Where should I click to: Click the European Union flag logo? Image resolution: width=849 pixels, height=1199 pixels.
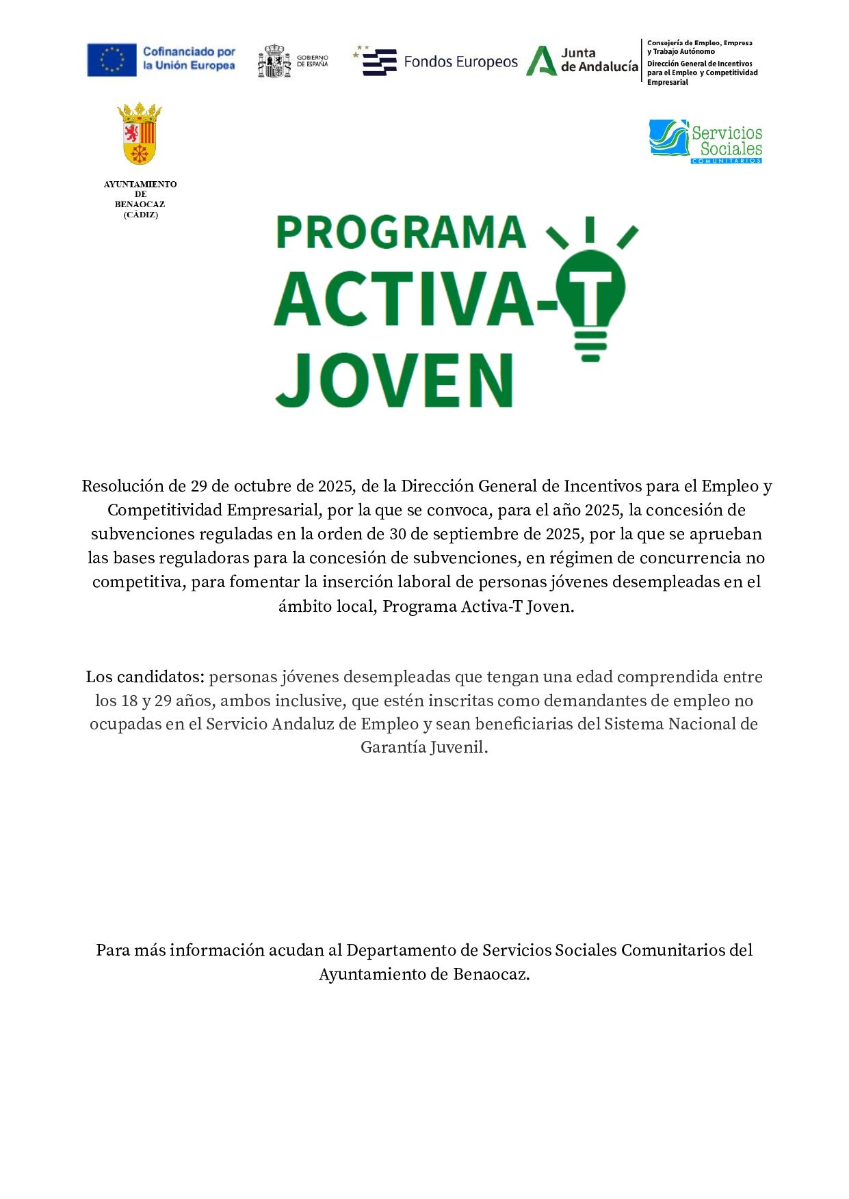tap(112, 59)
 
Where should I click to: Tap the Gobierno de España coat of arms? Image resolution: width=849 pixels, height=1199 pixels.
tap(274, 62)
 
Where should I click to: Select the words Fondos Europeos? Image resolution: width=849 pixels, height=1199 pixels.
tap(460, 62)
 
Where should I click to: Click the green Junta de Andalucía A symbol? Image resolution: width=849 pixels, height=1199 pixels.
tap(541, 61)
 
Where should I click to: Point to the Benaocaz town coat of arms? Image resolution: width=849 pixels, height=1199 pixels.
tap(140, 134)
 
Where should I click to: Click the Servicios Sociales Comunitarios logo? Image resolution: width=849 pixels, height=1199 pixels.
tap(705, 142)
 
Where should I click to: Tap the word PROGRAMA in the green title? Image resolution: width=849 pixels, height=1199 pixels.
tap(401, 232)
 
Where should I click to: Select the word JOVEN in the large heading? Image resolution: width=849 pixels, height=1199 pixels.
tap(395, 380)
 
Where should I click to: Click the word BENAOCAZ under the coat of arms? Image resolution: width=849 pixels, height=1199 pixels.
tap(140, 204)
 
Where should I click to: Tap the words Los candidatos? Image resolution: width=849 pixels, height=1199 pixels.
tap(145, 677)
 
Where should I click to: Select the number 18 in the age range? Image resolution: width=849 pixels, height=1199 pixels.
tap(129, 701)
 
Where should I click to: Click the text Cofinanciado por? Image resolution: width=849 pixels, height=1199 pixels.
tap(189, 52)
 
